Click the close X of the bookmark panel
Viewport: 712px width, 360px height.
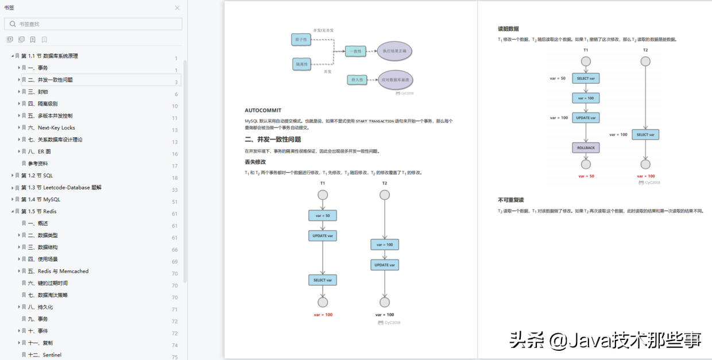177,8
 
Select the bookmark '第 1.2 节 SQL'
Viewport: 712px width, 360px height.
37,176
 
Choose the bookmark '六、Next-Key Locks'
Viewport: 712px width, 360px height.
56,128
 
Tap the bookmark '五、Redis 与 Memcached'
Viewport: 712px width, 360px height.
63,272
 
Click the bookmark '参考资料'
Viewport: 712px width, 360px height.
38,164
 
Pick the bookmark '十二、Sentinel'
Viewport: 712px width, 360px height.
45,355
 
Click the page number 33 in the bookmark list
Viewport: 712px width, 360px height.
175,190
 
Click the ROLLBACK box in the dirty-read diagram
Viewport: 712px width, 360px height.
586,148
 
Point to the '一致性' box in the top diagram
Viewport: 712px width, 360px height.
355,52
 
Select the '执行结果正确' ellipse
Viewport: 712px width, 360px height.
394,51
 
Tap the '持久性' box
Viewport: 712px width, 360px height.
357,80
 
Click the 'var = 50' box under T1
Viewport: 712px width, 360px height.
323,215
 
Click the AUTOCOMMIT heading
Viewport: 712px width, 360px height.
263,110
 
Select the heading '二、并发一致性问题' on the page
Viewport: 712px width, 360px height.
273,139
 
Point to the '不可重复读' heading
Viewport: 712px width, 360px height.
510,200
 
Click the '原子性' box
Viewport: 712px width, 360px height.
301,40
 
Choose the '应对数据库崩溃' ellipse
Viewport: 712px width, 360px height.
394,80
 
